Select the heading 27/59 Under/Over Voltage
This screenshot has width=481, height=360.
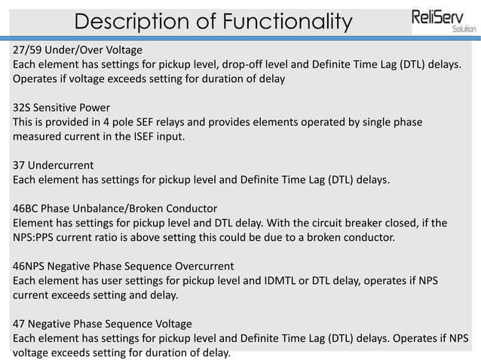(78, 50)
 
